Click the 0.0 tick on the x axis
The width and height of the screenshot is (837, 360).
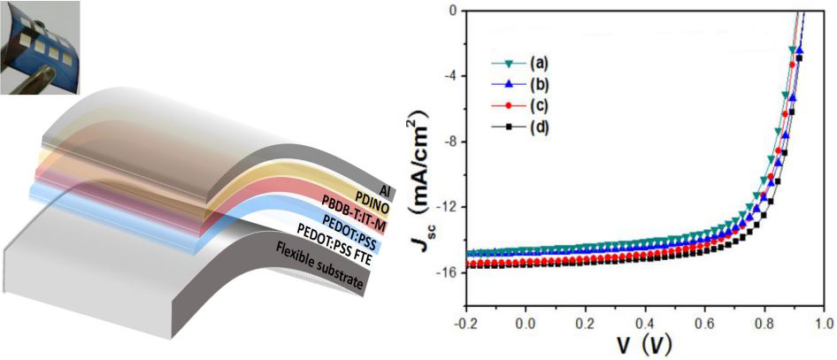(526, 323)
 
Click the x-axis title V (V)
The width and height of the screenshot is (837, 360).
(644, 346)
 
